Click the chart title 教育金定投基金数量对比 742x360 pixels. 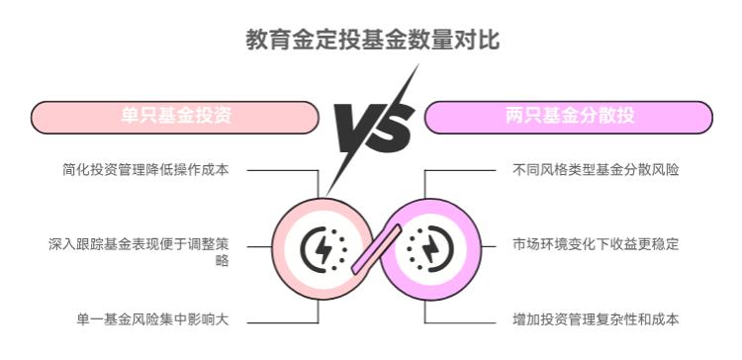click(x=372, y=41)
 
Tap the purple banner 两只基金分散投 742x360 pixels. click(x=568, y=117)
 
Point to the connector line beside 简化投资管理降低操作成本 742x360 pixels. click(x=282, y=169)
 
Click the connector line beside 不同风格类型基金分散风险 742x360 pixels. click(x=461, y=169)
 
